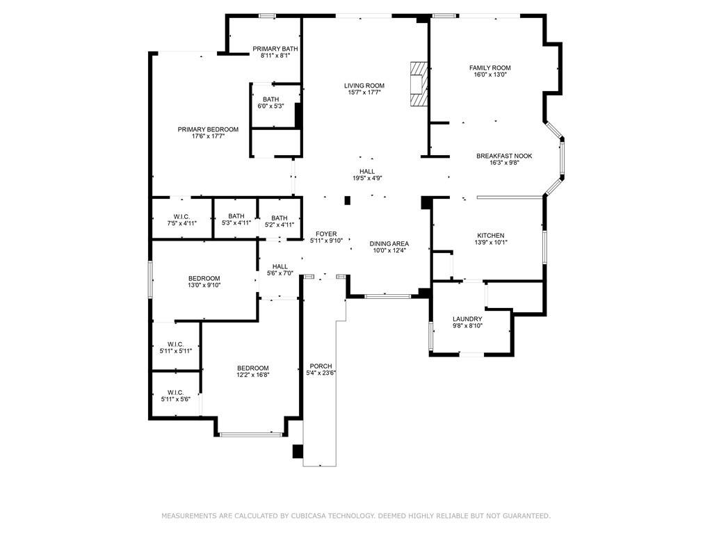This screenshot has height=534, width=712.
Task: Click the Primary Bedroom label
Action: pyautogui.click(x=208, y=129)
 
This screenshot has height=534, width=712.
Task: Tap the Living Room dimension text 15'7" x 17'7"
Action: pyautogui.click(x=364, y=92)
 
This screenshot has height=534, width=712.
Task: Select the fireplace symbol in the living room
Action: pyautogui.click(x=419, y=84)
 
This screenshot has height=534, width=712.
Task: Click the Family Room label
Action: pyautogui.click(x=490, y=67)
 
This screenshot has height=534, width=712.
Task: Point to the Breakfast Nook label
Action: pyautogui.click(x=504, y=156)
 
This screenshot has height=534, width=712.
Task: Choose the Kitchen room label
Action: pyautogui.click(x=490, y=235)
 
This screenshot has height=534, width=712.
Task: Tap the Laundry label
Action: pyautogui.click(x=467, y=318)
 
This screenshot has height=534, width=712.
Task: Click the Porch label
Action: pyautogui.click(x=321, y=366)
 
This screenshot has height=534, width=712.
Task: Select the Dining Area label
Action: pyautogui.click(x=389, y=243)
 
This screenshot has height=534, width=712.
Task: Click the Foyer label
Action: pyautogui.click(x=326, y=234)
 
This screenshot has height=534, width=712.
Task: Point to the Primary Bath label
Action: pyautogui.click(x=275, y=49)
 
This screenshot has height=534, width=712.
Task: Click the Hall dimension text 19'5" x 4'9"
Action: pyautogui.click(x=367, y=178)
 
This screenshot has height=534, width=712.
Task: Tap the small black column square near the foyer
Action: pyautogui.click(x=348, y=200)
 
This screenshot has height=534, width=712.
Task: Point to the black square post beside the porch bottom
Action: pyautogui.click(x=298, y=451)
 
